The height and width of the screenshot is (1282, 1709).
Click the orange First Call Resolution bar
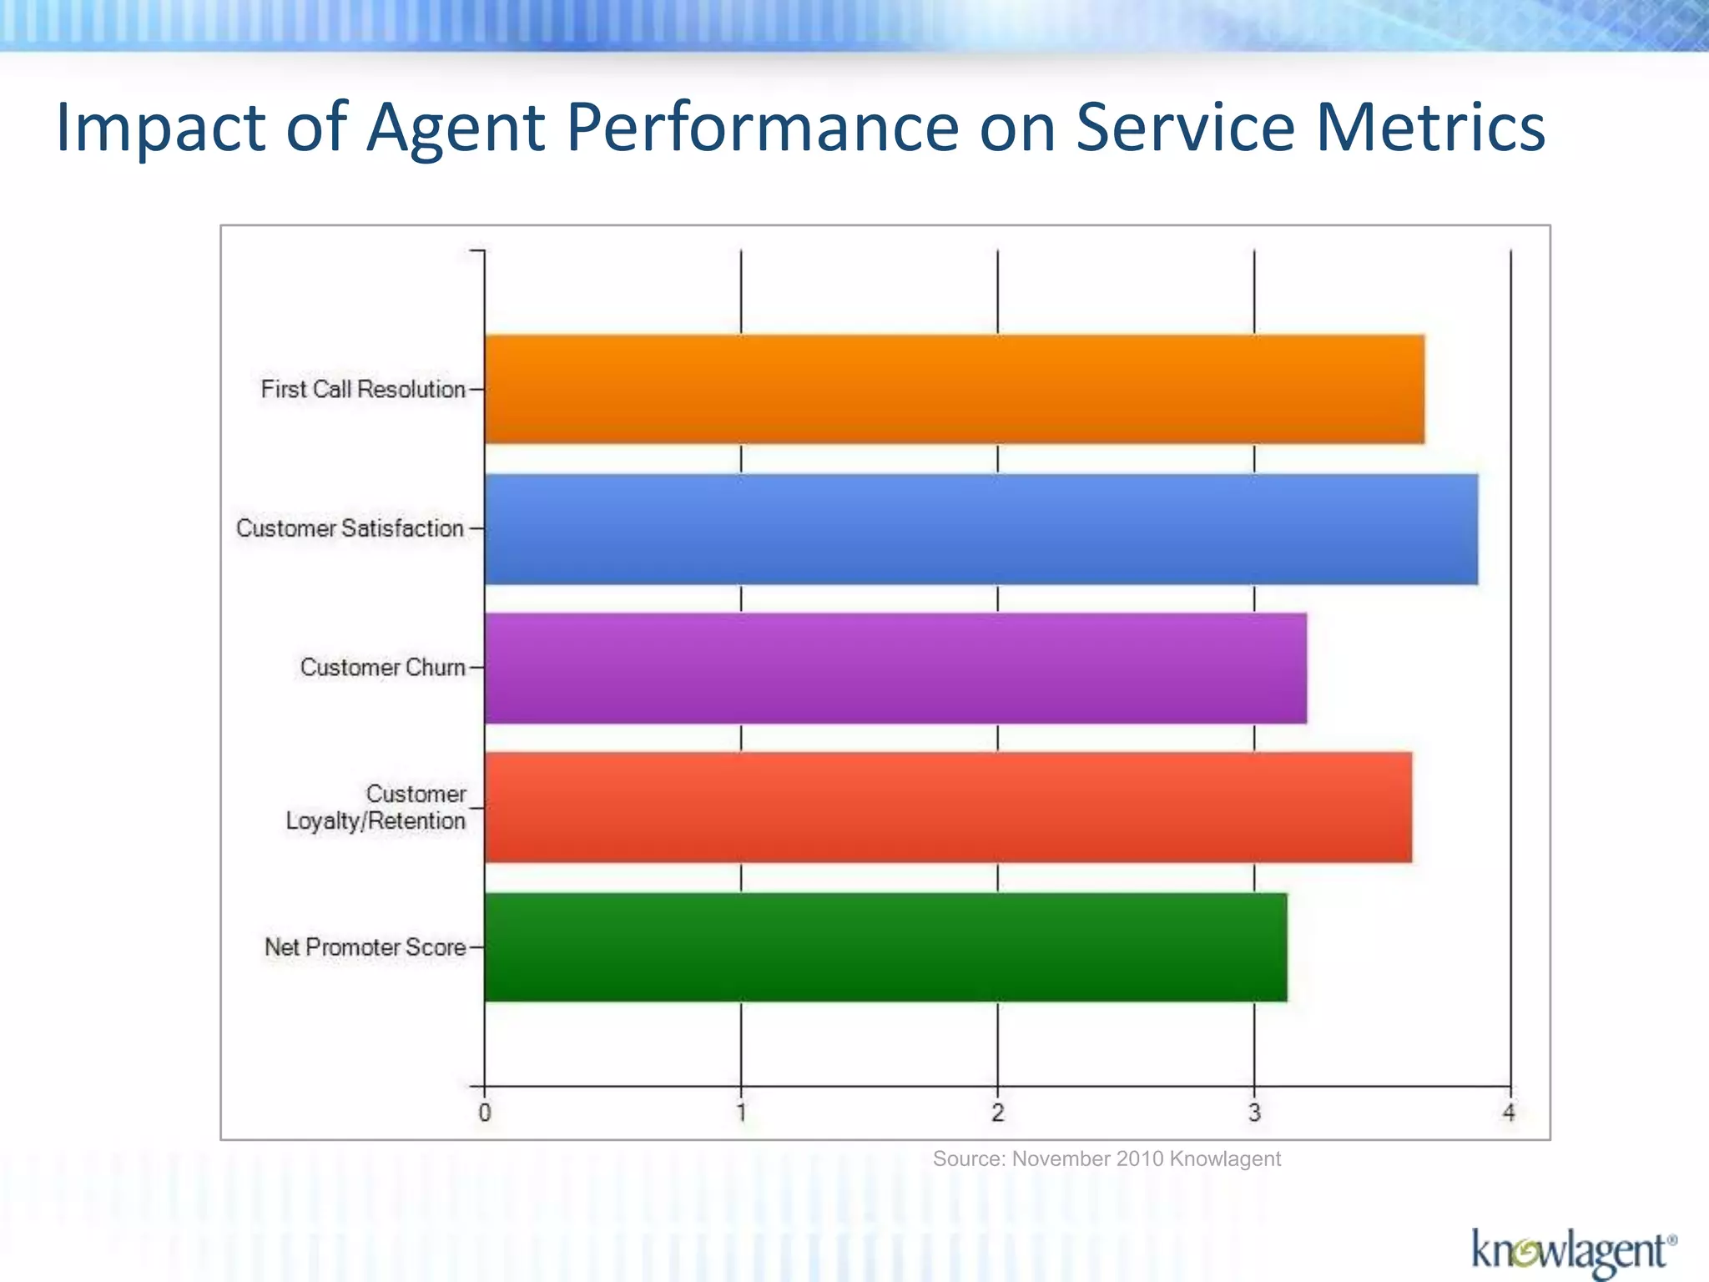(954, 389)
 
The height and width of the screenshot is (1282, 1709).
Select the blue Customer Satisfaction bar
(981, 529)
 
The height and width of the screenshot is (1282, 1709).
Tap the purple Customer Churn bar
(895, 668)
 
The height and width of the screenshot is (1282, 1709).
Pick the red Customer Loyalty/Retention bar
(948, 807)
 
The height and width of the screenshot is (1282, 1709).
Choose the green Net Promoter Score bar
(885, 946)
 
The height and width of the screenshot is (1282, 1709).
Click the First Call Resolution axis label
(363, 390)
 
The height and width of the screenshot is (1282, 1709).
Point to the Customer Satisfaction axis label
(350, 528)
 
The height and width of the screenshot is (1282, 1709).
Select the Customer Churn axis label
(382, 668)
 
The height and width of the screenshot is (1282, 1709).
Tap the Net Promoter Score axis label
(365, 947)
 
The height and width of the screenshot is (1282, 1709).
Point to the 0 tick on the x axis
(485, 1113)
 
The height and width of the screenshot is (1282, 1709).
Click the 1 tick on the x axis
(741, 1113)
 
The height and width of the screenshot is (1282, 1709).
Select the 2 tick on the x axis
(997, 1113)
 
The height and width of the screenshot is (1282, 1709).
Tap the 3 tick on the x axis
(1254, 1113)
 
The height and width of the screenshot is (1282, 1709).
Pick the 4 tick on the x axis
(1509, 1113)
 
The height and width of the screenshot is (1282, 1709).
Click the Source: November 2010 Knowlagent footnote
(1107, 1158)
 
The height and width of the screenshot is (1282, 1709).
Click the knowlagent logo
(1573, 1251)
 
